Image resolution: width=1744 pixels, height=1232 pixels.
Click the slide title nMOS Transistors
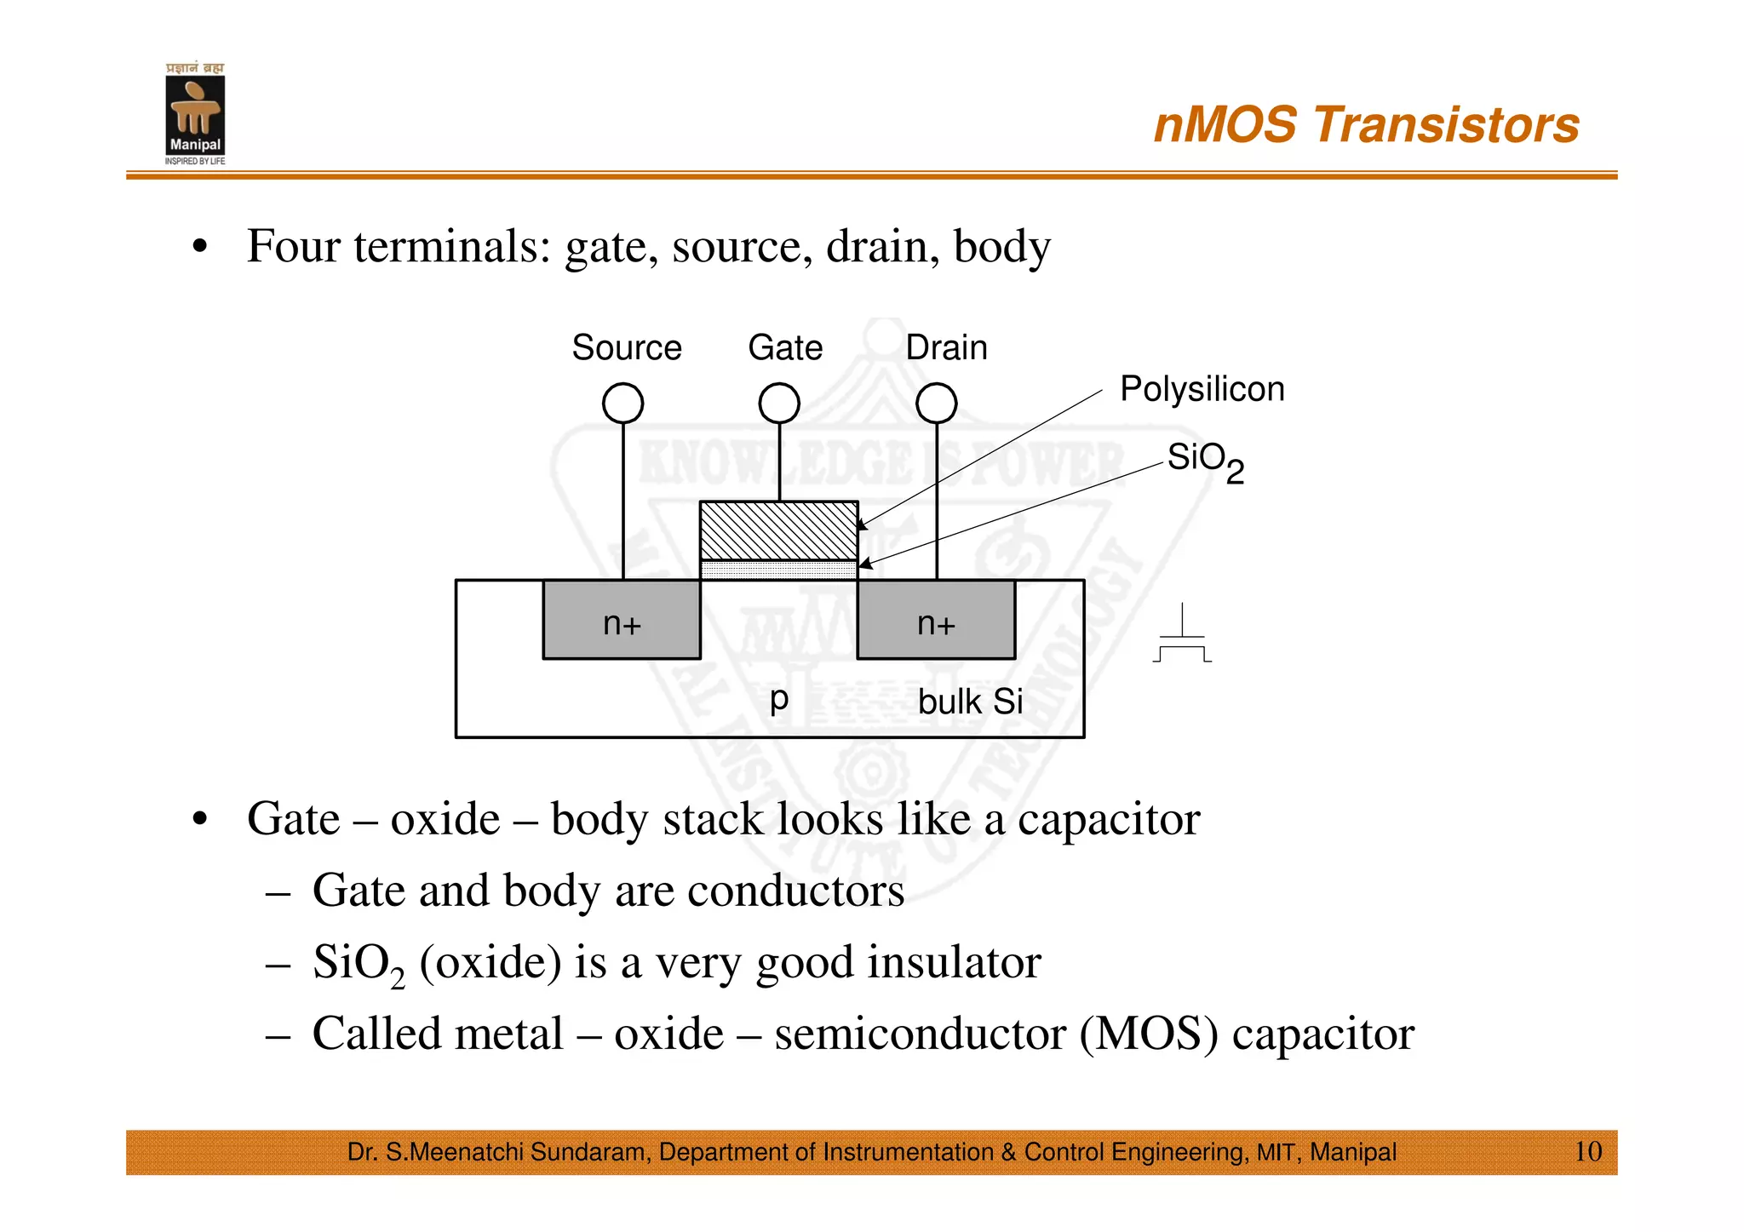[1366, 125]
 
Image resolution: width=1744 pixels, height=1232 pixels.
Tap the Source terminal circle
[622, 403]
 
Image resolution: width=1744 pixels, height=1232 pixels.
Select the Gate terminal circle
[779, 403]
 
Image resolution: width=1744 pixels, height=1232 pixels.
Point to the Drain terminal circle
[936, 403]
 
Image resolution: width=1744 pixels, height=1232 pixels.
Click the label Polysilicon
[1202, 389]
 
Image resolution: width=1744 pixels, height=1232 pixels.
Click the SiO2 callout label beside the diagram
[1204, 461]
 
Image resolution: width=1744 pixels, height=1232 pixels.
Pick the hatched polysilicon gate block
[778, 530]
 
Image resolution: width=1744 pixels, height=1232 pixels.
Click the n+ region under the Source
[622, 621]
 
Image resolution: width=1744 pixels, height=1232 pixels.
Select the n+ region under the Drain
[936, 621]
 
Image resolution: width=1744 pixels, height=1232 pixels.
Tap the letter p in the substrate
[778, 700]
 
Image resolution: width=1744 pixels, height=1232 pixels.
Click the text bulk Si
[970, 702]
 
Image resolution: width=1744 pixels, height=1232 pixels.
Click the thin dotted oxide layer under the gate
[778, 570]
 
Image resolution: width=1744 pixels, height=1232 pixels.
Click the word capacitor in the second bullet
[1109, 819]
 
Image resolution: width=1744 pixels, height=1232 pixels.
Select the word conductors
[795, 891]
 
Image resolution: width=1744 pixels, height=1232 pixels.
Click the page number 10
[1587, 1151]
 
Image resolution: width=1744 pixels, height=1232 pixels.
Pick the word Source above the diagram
[626, 347]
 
